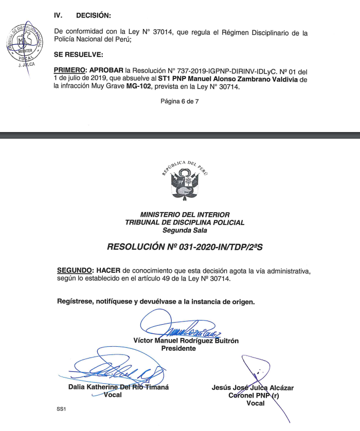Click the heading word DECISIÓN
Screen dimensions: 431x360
coord(93,15)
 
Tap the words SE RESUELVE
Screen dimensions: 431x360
coord(78,54)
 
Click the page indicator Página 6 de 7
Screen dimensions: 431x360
coord(179,102)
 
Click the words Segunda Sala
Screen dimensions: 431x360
coord(185,230)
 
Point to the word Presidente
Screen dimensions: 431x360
coord(178,348)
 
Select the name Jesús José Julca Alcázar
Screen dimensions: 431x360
coord(253,388)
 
